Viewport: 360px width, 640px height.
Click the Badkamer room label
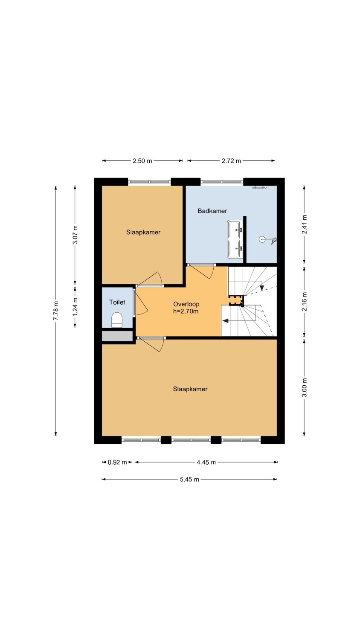[x=212, y=211]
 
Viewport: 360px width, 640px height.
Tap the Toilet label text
[x=117, y=302]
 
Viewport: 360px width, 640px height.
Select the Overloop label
[x=186, y=304]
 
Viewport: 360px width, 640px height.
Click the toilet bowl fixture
[x=116, y=320]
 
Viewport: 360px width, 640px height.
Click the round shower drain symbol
[x=262, y=239]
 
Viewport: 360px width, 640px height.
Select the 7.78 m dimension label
[x=56, y=311]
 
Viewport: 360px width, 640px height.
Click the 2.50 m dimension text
[x=142, y=161]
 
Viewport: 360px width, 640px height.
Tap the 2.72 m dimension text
[x=231, y=161]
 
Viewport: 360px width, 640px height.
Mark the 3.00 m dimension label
[x=304, y=387]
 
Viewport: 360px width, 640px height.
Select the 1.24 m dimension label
[x=75, y=307]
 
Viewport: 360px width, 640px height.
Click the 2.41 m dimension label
[x=304, y=224]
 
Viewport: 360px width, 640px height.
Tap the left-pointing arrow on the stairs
[x=226, y=320]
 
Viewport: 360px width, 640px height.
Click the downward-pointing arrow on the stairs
[x=262, y=288]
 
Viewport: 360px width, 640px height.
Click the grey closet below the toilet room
[x=117, y=336]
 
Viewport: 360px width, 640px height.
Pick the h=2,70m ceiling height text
[x=186, y=311]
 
